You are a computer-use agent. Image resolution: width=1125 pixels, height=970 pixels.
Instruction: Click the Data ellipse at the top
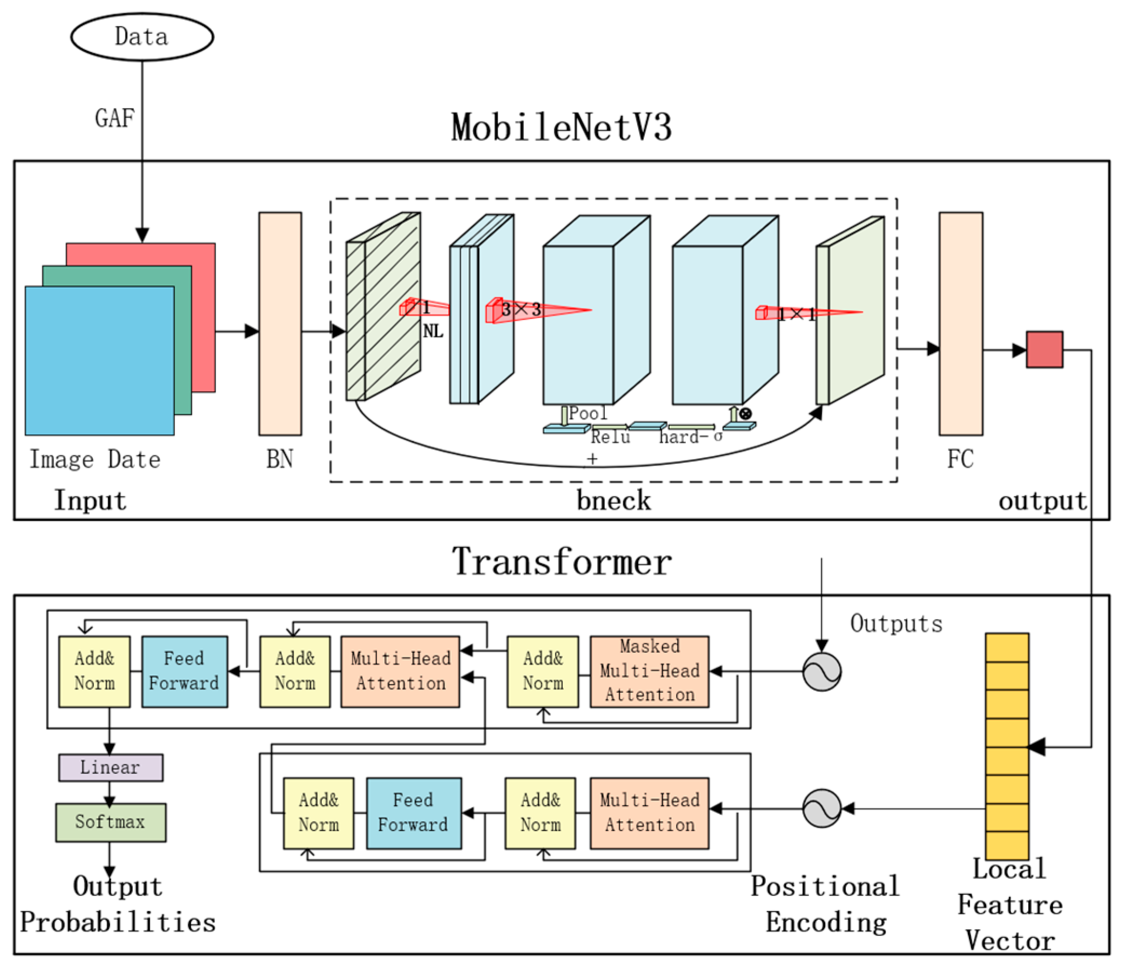142,36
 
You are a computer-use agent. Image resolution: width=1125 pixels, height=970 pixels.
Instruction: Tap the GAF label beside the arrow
114,118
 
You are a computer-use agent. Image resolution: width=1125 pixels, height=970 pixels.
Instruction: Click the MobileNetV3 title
561,128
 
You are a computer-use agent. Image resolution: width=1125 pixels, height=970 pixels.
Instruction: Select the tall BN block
280,324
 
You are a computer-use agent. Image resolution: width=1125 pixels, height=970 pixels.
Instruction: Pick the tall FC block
960,324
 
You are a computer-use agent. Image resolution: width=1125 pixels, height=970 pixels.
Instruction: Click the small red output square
1044,349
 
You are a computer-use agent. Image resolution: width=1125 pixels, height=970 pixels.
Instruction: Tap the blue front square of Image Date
99,360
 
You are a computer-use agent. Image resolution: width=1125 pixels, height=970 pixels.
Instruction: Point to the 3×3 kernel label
521,309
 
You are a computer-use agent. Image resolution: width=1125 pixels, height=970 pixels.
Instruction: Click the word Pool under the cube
588,413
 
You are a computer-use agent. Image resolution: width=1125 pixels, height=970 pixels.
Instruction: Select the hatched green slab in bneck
383,307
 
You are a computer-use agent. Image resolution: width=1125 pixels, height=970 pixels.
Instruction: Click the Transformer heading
561,562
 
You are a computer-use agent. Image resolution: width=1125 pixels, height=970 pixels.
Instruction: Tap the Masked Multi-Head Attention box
649,671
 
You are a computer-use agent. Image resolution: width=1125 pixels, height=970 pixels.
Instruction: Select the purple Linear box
110,767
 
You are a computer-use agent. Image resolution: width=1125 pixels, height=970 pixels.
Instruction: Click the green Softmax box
110,822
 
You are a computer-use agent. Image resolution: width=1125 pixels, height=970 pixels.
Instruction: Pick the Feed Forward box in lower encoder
413,813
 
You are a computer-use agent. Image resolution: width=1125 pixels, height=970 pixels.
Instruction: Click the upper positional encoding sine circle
821,671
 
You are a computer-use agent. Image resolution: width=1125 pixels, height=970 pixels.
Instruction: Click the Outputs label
896,623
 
